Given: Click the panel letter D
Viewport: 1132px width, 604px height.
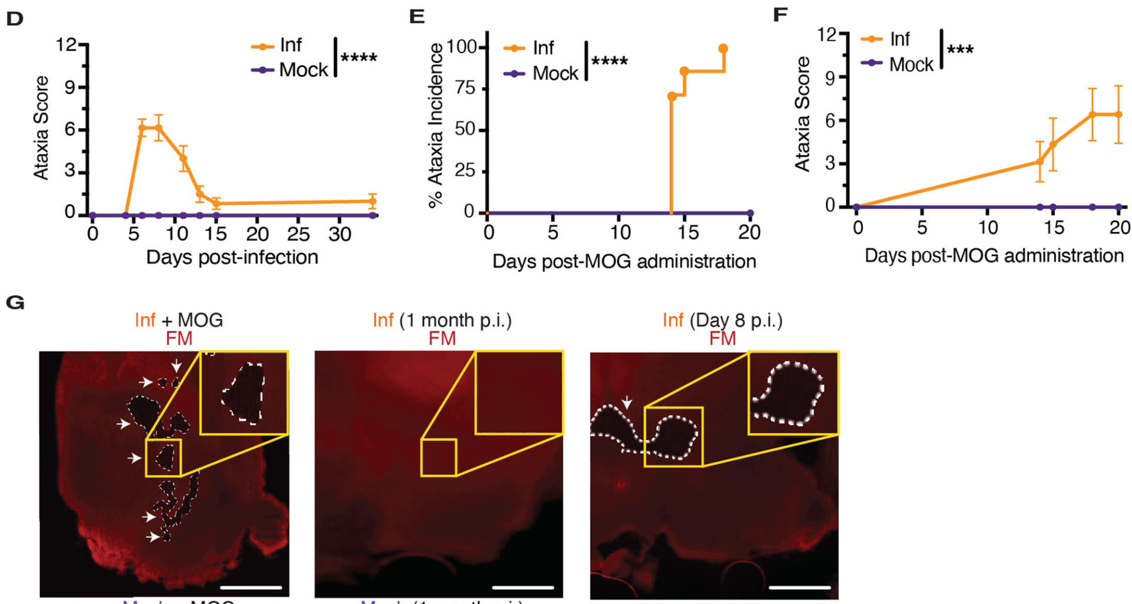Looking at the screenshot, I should (15, 18).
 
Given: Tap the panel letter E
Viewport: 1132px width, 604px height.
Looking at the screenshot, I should (417, 17).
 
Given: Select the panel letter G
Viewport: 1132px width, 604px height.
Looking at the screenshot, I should (15, 303).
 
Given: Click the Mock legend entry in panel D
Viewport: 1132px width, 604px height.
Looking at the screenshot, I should (303, 70).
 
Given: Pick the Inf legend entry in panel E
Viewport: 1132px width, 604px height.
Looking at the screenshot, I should (543, 48).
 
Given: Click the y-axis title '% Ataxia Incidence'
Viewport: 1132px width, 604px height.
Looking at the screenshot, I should (436, 125).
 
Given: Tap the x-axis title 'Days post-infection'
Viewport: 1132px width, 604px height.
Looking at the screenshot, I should (232, 257).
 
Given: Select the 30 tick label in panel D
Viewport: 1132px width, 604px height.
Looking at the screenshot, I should (340, 235).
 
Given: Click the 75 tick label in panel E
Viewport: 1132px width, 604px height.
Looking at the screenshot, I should (465, 88).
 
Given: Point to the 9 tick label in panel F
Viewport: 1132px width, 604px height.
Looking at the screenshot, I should (830, 77).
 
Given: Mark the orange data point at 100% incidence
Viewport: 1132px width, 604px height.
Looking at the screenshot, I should (723, 48).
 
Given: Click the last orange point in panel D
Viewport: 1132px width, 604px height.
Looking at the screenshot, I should (372, 201).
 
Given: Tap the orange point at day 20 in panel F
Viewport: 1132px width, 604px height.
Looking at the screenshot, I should (1118, 114).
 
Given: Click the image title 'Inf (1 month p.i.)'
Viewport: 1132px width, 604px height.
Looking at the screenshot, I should (442, 320).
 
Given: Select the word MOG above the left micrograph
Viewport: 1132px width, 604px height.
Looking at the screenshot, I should (200, 320).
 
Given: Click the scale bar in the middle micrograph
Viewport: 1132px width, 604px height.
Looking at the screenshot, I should (522, 587).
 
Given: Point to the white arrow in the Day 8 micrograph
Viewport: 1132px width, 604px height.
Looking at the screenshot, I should (627, 402).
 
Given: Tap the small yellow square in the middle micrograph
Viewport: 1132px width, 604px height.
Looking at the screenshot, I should (439, 458).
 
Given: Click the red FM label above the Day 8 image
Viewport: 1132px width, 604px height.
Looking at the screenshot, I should (722, 339).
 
